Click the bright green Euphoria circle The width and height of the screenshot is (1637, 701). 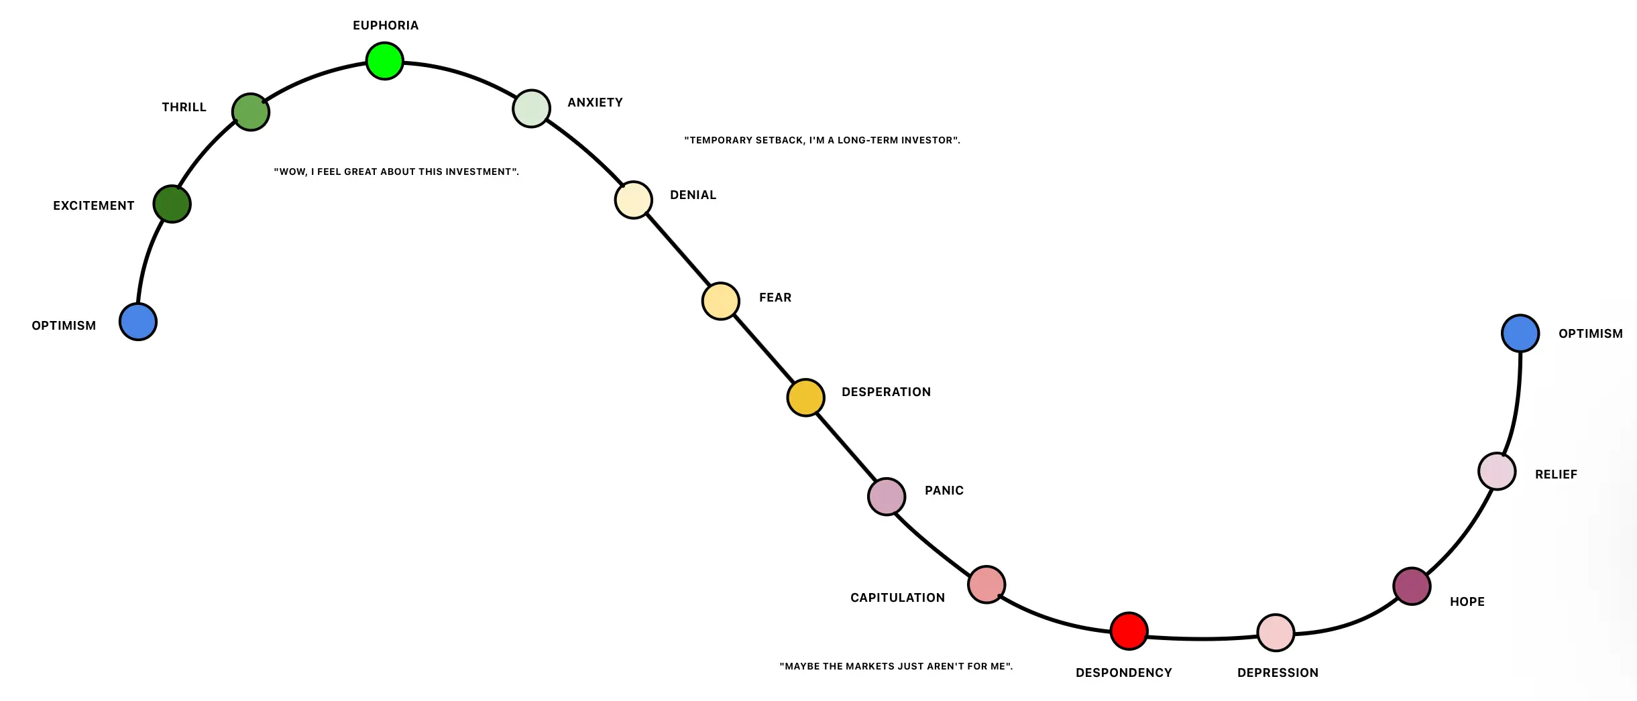click(385, 61)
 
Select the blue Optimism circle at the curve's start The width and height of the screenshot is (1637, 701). click(138, 322)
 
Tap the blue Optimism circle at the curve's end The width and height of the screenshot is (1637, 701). click(1520, 333)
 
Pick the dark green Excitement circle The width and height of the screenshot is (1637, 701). click(172, 204)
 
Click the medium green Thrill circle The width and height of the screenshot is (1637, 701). click(251, 112)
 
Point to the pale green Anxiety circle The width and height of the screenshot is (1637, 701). click(531, 109)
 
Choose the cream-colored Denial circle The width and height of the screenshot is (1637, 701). click(634, 200)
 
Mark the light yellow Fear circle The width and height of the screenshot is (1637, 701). click(721, 302)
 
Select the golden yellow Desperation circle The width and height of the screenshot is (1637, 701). click(805, 397)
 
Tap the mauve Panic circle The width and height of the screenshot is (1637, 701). click(887, 497)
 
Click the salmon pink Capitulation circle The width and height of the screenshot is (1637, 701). click(986, 584)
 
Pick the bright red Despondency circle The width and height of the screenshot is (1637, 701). click(1129, 631)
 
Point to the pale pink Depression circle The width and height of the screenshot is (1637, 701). click(1276, 632)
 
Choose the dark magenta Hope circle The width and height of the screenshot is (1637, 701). click(1412, 586)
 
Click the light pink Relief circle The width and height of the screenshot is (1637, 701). click(1498, 471)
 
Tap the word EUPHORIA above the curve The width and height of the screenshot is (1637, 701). click(386, 25)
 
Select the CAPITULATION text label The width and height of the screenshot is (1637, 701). click(897, 598)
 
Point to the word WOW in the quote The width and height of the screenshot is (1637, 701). click(292, 172)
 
